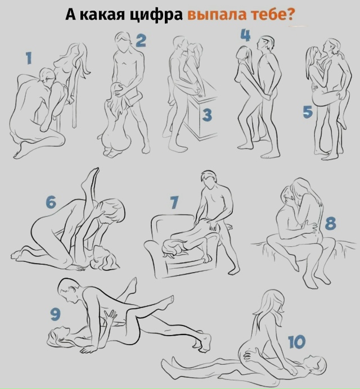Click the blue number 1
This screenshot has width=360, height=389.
coord(29,58)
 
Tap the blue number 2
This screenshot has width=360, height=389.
coord(141,40)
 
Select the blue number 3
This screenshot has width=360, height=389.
coord(207,115)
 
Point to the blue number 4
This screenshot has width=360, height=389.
coord(246,35)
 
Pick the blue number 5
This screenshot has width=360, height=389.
coord(308,112)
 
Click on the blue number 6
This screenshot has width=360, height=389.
coord(51,202)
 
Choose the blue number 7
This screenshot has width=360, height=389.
coord(174,202)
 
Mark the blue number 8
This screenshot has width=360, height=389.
coord(330,223)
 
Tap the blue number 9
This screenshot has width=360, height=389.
coord(55,314)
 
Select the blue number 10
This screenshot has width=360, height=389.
coord(297,342)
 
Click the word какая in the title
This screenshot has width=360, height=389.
coord(102,15)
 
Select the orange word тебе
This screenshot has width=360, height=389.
coord(269,15)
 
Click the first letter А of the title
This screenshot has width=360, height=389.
coord(71,15)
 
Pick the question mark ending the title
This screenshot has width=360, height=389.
coord(290,15)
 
